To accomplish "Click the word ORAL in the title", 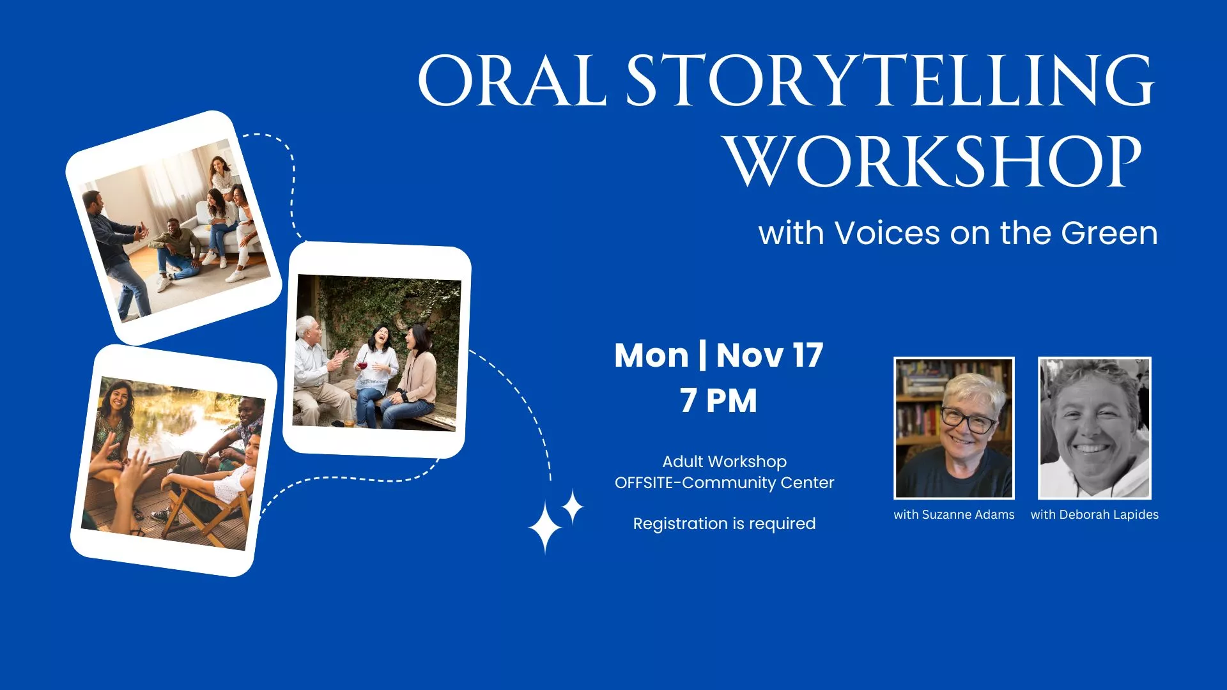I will [x=511, y=81].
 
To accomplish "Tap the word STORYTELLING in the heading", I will [x=890, y=81].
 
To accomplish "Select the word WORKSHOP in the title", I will [x=934, y=162].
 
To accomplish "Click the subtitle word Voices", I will [x=887, y=233].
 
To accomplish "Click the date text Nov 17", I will [x=769, y=355].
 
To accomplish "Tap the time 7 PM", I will [x=718, y=401].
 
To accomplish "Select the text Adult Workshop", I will [x=724, y=461].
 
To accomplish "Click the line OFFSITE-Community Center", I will [x=724, y=482].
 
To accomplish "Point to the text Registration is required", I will [x=724, y=523].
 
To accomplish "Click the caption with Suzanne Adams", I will [x=953, y=514].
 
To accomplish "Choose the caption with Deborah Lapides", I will [x=1094, y=514].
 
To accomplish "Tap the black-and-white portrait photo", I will [x=1094, y=428].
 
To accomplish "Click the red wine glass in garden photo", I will [x=362, y=366].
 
